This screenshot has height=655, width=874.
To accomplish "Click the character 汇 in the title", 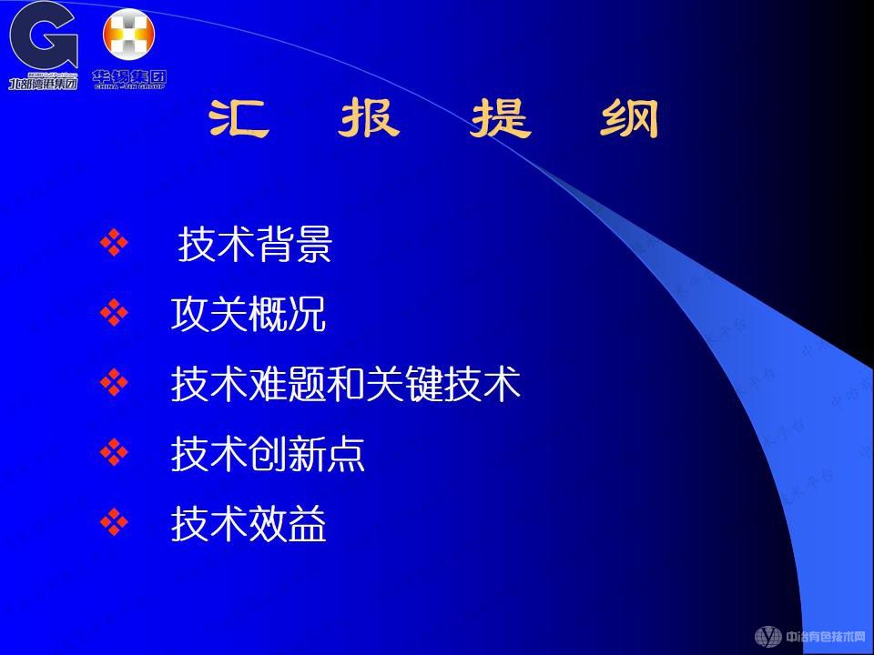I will [239, 119].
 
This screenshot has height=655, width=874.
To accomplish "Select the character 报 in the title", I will [368, 119].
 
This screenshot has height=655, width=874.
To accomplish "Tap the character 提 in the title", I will [500, 119].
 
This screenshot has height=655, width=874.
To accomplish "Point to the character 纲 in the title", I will [629, 119].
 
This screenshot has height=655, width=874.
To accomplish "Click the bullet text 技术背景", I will [255, 245].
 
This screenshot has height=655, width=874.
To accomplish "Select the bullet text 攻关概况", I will [249, 315].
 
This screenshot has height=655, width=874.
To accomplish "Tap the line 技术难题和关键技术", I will [346, 384].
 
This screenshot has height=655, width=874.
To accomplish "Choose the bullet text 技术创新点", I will [268, 454].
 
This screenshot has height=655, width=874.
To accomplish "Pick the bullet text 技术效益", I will [249, 524].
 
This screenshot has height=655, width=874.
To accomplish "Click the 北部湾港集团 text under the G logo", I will [43, 83].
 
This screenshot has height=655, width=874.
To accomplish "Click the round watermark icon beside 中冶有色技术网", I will [768, 636].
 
